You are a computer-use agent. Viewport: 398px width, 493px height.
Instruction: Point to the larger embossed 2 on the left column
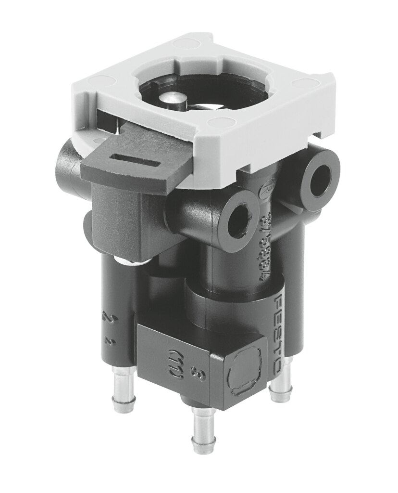[x=106, y=317]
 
